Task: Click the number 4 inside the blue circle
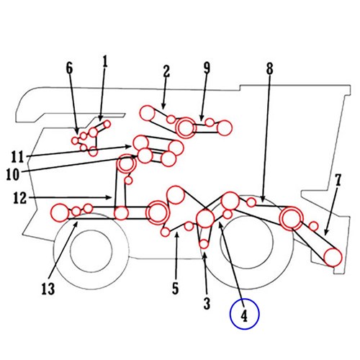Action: point(244,315)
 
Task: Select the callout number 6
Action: point(69,68)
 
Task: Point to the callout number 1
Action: point(105,61)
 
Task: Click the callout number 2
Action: point(166,71)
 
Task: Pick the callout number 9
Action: point(207,68)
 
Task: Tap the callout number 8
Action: point(269,68)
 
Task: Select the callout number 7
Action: point(338,180)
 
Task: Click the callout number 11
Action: point(18,157)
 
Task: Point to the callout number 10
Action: point(13,174)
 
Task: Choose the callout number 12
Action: point(19,198)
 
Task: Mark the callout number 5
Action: point(176,288)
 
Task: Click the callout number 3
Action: point(207,303)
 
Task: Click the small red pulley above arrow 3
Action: point(204,244)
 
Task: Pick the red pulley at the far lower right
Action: point(333,257)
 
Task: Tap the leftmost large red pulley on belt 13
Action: point(60,212)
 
